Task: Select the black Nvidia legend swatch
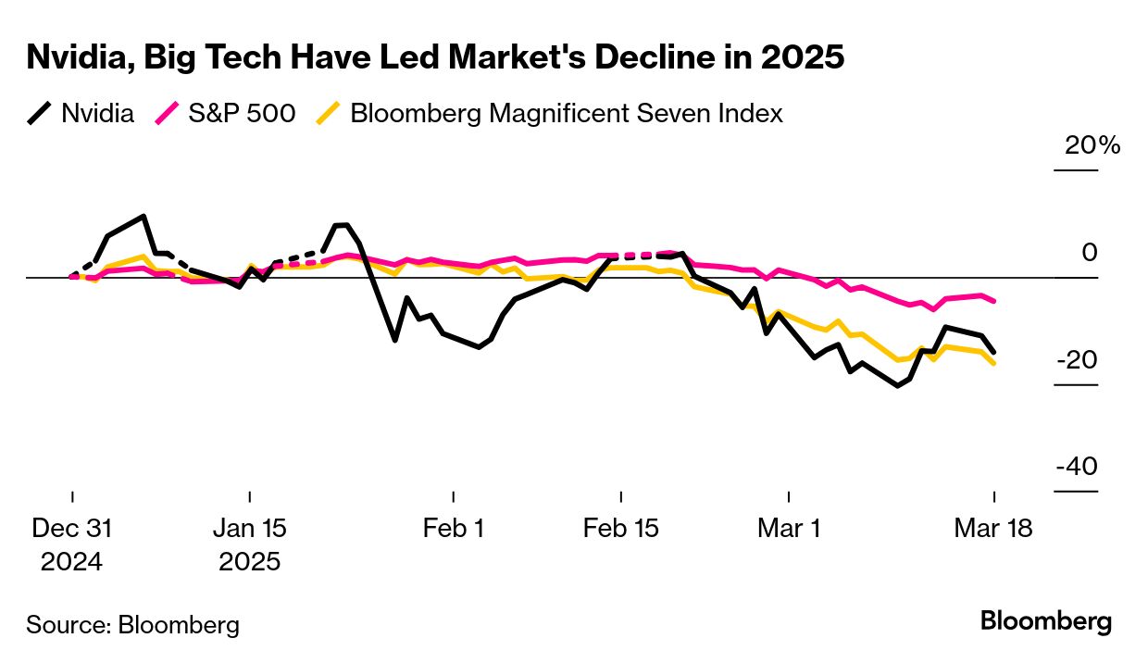[40, 114]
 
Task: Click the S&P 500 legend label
[242, 114]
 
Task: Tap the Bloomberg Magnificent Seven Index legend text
[567, 114]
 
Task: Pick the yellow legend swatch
[331, 114]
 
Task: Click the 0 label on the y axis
[1090, 253]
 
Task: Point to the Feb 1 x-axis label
[454, 529]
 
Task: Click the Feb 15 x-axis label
[620, 529]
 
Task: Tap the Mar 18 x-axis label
[993, 529]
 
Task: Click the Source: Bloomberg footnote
[132, 625]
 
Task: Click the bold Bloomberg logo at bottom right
[1046, 621]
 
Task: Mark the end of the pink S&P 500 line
[994, 301]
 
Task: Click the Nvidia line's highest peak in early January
[143, 217]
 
